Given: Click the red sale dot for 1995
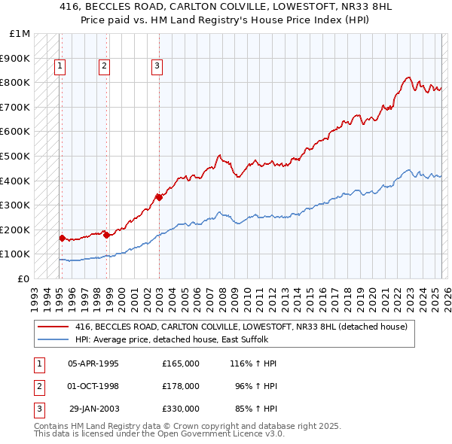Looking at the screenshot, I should (62, 238).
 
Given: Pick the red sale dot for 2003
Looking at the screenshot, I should (159, 197).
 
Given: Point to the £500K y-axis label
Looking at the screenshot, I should (15, 156).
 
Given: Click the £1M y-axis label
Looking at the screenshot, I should (20, 34).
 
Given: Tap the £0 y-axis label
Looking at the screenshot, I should (24, 278).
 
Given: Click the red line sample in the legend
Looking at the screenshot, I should (53, 327).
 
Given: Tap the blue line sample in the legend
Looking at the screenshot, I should (53, 339).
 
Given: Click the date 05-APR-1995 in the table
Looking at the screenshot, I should (93, 363).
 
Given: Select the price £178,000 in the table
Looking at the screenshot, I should (181, 386).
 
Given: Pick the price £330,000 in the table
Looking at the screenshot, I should (181, 409).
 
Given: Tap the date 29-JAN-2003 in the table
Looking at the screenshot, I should (93, 409).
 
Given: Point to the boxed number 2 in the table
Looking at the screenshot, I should (38, 386).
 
